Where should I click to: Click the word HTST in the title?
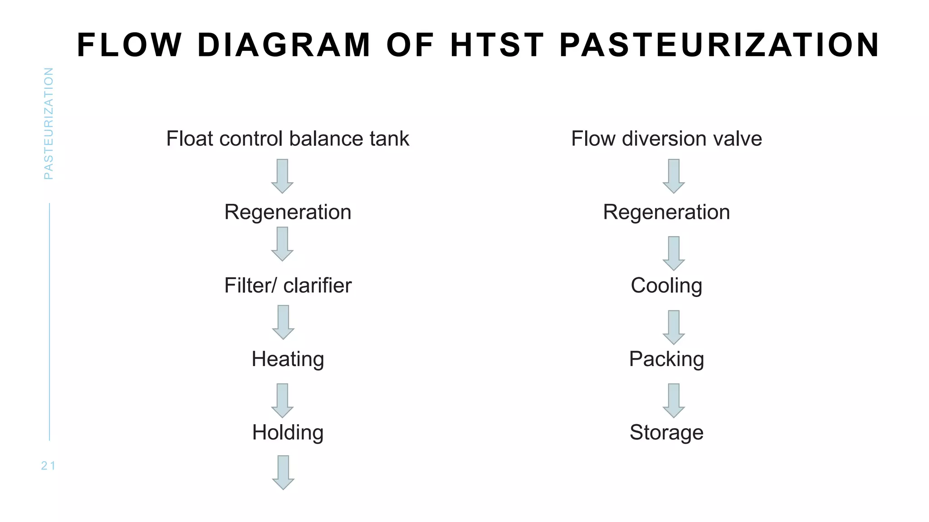[497, 45]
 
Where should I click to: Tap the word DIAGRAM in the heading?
[284, 45]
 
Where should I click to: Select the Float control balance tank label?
[288, 139]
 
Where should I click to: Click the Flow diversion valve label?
[666, 139]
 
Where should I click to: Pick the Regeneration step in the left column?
[288, 212]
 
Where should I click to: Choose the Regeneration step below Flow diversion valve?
[666, 212]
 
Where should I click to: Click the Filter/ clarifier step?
[288, 285]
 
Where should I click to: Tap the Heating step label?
[288, 359]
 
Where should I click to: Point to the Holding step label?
[288, 432]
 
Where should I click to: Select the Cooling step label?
[666, 285]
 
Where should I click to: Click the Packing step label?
[666, 359]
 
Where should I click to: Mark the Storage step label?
[666, 432]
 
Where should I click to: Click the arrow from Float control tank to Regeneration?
[282, 176]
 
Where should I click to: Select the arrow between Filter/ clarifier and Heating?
[283, 322]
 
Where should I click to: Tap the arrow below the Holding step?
[283, 473]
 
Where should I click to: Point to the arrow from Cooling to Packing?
[674, 327]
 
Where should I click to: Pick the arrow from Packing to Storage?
[674, 401]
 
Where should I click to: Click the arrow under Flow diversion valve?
[674, 176]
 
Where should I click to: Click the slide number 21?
[48, 466]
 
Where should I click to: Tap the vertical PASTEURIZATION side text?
[49, 123]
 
